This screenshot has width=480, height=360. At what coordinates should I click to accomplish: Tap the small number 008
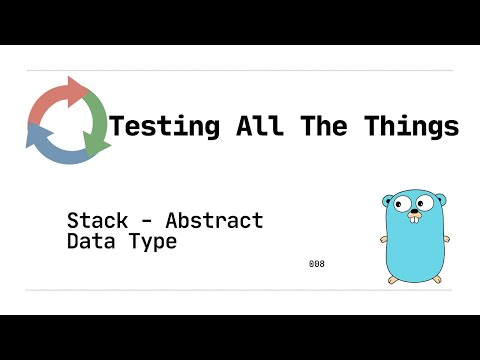point(317,264)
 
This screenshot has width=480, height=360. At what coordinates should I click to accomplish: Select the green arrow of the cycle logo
point(97,128)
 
